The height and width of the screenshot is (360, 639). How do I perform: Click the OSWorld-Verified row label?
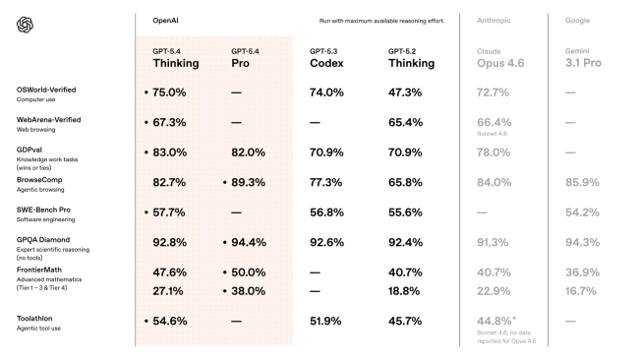pos(46,90)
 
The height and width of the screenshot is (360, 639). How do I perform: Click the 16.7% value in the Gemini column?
pos(581,291)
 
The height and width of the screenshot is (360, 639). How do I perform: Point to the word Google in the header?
pos(578,20)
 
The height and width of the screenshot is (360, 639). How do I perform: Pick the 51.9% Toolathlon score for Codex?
pos(326,322)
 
